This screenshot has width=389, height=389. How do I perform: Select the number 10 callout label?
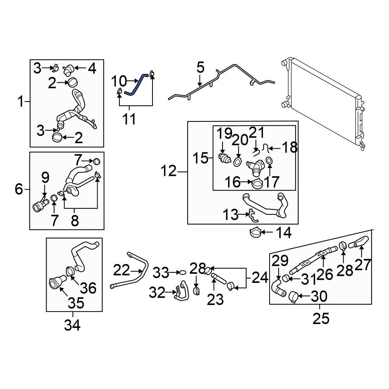tap(119, 81)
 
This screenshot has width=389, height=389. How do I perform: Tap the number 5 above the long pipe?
tap(200, 67)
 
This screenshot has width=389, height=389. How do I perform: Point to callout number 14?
tap(284, 233)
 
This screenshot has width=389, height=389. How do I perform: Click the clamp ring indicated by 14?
tap(255, 233)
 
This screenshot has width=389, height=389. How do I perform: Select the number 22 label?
tap(121, 270)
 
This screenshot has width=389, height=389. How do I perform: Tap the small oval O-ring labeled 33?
tap(182, 272)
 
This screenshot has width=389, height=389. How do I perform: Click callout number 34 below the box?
tap(72, 325)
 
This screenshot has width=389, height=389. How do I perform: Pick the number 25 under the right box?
tap(321, 319)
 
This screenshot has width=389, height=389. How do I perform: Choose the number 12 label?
tap(169, 171)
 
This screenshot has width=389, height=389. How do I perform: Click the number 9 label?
tap(45, 177)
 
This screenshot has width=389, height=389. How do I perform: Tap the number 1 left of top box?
tap(21, 102)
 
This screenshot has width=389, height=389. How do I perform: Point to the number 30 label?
tap(319, 296)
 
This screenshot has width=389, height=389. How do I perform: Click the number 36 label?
tap(88, 288)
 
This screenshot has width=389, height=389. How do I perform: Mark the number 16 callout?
tap(233, 182)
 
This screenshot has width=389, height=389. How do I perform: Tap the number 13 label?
tap(231, 214)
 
